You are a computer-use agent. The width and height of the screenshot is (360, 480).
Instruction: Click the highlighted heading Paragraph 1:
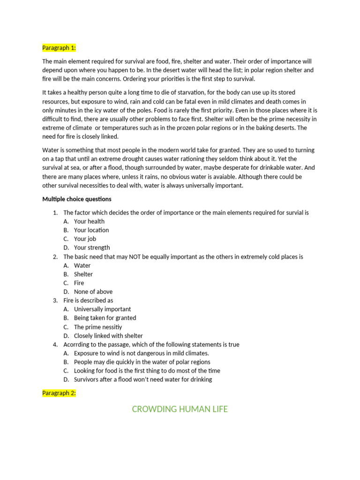pos(59,48)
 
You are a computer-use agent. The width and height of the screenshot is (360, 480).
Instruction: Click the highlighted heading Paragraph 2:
pos(59,393)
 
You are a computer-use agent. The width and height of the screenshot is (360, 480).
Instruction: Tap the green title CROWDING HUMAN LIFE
pos(180,409)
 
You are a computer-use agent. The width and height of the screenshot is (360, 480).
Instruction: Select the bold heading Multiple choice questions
pos(77,199)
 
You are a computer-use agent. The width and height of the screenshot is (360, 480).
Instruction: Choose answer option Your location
pos(91,230)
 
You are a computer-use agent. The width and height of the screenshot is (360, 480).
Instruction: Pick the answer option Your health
pos(89,221)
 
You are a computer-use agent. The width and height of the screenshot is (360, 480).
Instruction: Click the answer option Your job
pos(85,239)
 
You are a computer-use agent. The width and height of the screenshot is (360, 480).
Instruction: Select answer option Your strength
pos(92,247)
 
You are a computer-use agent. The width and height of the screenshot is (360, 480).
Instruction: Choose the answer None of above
pos(93,292)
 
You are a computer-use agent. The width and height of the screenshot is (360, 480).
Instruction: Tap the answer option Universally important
pos(102,309)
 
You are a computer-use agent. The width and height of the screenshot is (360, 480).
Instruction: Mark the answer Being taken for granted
pos(105,318)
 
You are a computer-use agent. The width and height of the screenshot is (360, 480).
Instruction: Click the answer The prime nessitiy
pos(98,327)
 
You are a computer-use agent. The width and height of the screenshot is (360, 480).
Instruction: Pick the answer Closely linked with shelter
pos(108,336)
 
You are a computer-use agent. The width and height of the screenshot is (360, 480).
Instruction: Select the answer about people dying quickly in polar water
pos(142,362)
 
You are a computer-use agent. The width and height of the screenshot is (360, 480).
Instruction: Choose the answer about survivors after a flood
pos(143,380)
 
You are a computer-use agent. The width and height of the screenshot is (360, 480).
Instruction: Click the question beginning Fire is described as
pos(88,300)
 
